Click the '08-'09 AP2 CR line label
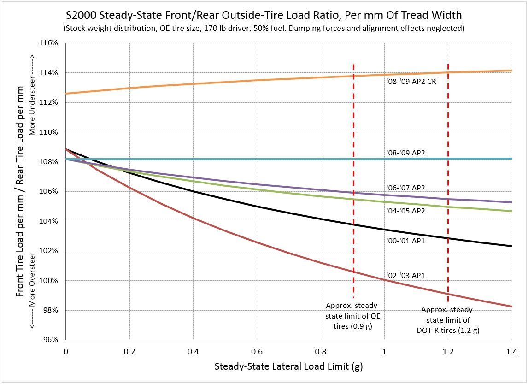[411, 82]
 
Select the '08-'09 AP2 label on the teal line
[405, 153]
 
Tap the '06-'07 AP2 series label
[405, 188]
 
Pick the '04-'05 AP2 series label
[405, 211]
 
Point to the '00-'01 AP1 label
[405, 240]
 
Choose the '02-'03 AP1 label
[405, 275]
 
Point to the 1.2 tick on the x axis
[448, 351]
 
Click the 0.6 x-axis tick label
[257, 351]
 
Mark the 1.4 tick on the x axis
[511, 351]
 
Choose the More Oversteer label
[32, 290]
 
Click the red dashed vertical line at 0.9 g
[353, 184]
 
